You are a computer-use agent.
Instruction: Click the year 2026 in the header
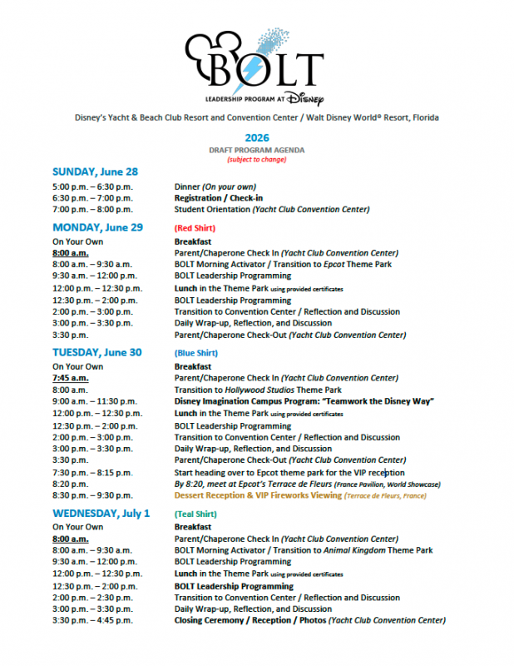tap(257, 137)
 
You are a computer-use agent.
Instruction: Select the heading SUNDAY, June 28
tap(95, 172)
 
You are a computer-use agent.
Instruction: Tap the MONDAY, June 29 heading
tap(97, 227)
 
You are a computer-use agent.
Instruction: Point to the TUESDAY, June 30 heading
tap(96, 352)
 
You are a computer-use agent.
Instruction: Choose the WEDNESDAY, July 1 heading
tap(101, 513)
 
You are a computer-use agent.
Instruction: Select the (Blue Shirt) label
tap(196, 353)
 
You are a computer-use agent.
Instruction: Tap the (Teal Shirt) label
tap(196, 514)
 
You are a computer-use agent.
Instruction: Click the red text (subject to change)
tap(257, 159)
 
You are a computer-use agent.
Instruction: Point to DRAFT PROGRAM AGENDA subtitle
tap(257, 150)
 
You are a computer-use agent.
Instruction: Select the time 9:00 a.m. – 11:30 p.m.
tap(91, 401)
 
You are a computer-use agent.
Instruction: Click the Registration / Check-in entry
tap(215, 198)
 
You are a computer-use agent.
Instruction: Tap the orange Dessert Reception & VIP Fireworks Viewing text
tap(258, 495)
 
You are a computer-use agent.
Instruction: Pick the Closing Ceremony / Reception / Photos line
tap(250, 620)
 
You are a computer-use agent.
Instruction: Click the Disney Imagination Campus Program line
tap(304, 401)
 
